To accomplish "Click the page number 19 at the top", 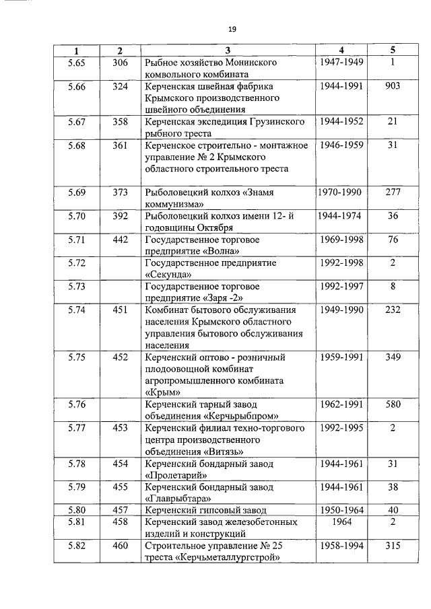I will click(x=231, y=29).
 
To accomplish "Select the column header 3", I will click(x=228, y=51).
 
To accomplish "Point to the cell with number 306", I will click(x=120, y=63).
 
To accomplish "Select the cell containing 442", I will click(x=120, y=240).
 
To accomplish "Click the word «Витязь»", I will click(x=220, y=452).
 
